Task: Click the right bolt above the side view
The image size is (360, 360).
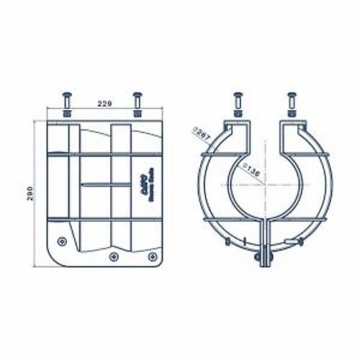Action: pyautogui.click(x=137, y=96)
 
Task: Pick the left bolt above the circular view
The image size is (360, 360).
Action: pyautogui.click(x=238, y=96)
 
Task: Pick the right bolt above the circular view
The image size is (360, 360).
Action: pyautogui.click(x=292, y=96)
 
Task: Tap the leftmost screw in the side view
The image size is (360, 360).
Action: pyautogui.click(x=61, y=240)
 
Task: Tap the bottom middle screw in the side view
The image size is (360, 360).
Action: pyautogui.click(x=114, y=256)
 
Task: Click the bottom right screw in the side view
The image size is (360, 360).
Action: pyautogui.click(x=151, y=256)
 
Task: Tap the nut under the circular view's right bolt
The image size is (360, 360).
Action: pyautogui.click(x=292, y=112)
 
